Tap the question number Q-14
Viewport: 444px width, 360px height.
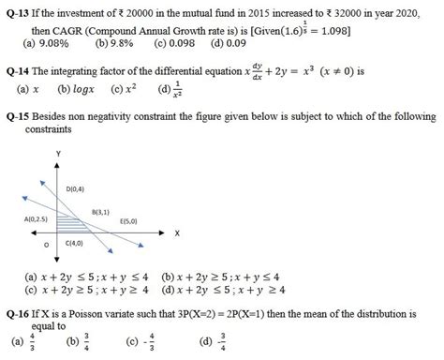click(17, 71)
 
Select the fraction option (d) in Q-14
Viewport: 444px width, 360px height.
click(170, 89)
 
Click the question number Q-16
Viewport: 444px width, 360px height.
click(17, 313)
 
